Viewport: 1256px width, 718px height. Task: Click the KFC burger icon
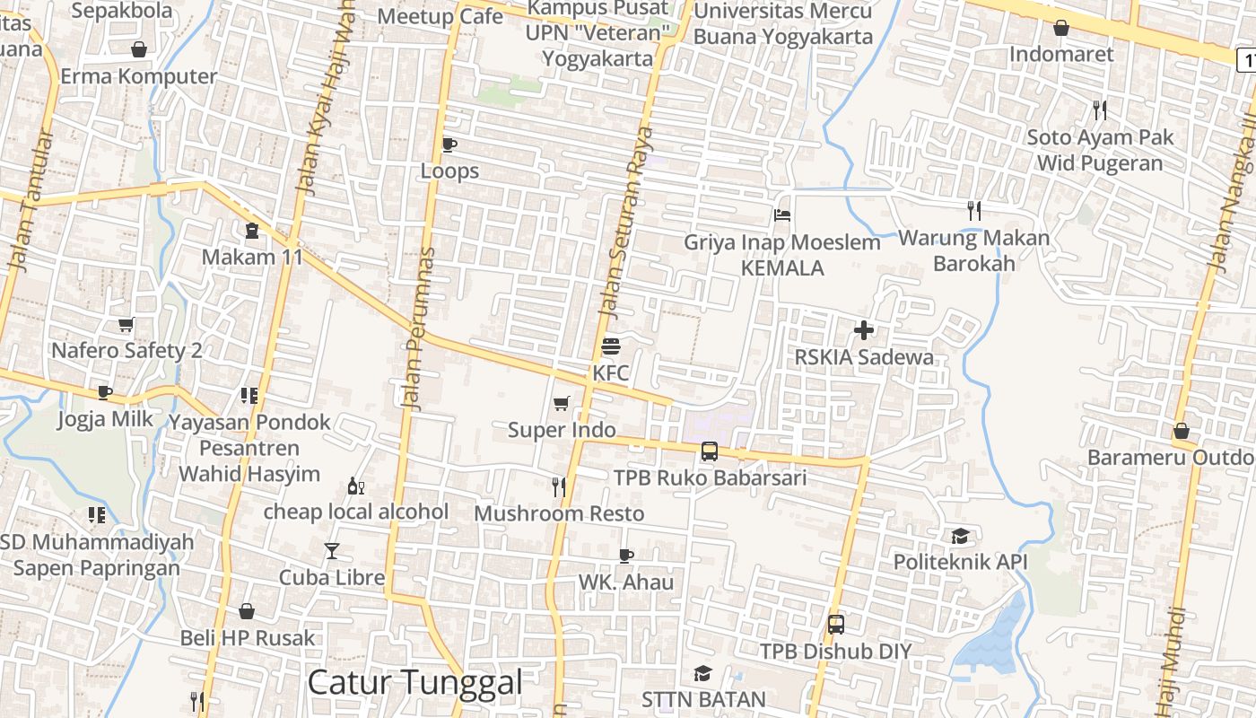pos(611,346)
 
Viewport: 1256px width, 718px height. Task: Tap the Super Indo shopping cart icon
pos(562,404)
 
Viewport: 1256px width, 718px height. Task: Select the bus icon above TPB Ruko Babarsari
pos(710,451)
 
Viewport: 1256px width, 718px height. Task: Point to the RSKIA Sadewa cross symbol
pos(864,330)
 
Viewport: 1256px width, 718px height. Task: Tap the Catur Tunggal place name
pos(414,682)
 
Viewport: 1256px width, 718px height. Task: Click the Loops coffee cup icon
pos(449,144)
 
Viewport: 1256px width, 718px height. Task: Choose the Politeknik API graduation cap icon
pos(960,537)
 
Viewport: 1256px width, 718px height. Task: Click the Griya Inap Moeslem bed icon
pos(781,215)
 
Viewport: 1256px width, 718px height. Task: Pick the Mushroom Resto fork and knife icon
pos(559,486)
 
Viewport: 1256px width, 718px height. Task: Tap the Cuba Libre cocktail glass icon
pos(332,551)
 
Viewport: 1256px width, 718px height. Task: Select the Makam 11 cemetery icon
pos(251,231)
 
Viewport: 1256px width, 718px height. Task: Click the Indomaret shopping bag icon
pos(1061,28)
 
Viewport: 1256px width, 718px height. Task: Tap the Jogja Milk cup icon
pos(105,392)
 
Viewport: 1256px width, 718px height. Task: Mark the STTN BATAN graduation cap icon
pos(702,673)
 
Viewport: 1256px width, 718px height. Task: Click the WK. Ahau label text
pos(625,582)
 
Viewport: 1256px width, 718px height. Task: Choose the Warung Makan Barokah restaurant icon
pos(974,211)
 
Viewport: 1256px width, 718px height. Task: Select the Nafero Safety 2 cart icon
pos(126,324)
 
